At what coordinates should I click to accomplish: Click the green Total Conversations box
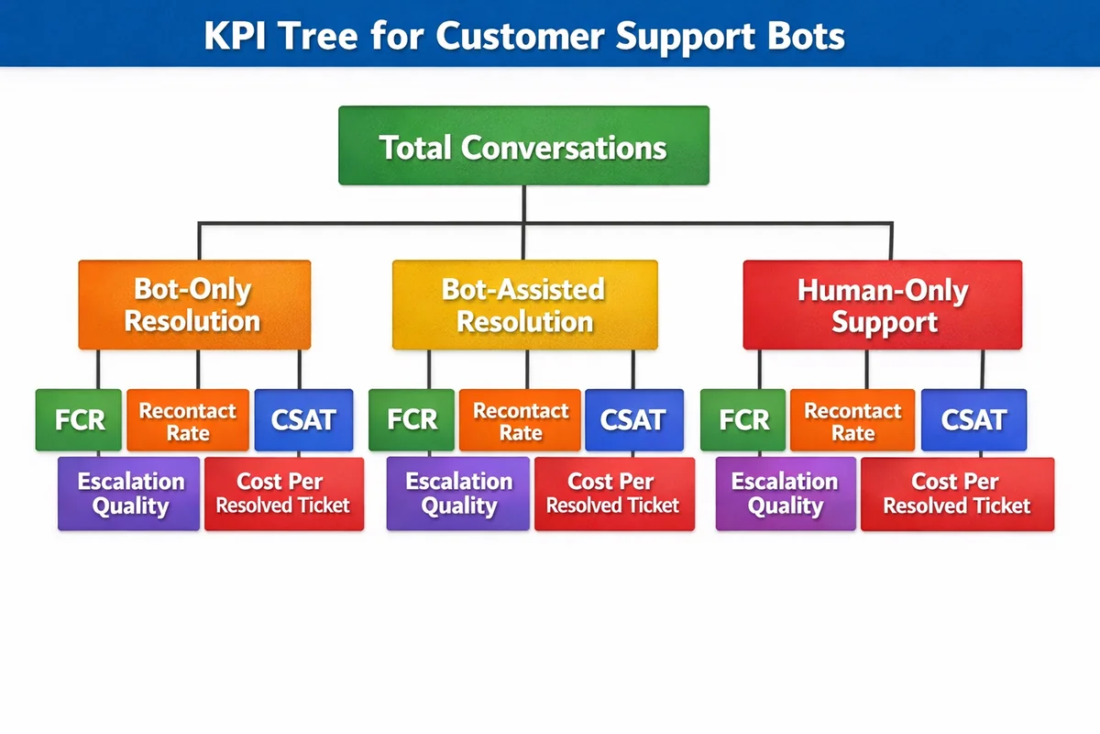click(x=523, y=146)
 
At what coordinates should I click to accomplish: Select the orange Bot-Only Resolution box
click(x=194, y=305)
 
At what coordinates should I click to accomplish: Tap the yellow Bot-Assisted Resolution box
click(x=524, y=305)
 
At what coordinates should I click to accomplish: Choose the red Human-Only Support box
click(x=882, y=305)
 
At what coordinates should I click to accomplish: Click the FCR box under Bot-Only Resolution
click(x=79, y=420)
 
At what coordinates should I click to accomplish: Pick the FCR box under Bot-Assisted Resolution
click(x=412, y=420)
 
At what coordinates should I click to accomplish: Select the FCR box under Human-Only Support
click(x=743, y=420)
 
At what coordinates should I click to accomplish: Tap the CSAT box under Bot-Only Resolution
click(x=303, y=420)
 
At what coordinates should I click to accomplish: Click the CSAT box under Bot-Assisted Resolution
click(x=633, y=420)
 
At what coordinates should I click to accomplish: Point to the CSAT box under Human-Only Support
click(x=973, y=420)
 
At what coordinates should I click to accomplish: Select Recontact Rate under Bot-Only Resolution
click(x=188, y=420)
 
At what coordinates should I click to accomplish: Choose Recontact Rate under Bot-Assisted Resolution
click(x=520, y=420)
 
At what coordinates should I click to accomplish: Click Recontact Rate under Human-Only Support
click(x=852, y=420)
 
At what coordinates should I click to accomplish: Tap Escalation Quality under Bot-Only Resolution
click(x=129, y=494)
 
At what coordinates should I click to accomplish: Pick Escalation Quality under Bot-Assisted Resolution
click(x=458, y=494)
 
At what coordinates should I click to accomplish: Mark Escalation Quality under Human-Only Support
click(x=785, y=494)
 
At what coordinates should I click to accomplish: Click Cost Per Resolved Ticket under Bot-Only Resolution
click(x=283, y=494)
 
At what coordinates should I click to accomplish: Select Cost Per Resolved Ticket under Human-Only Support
click(x=957, y=494)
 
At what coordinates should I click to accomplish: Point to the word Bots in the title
click(x=798, y=36)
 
